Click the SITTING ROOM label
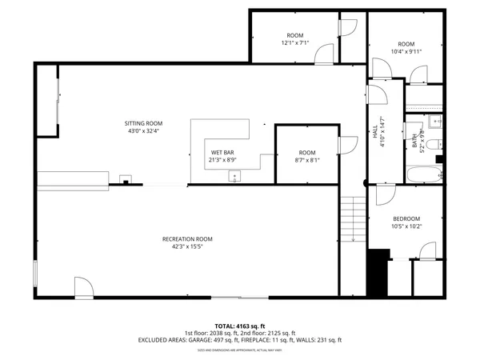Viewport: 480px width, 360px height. pos(143,123)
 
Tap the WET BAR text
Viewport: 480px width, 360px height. pos(222,152)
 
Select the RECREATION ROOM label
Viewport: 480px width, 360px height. pos(187,239)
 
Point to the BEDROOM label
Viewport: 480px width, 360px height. pos(406,219)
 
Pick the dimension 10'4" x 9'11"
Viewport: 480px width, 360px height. pos(406,51)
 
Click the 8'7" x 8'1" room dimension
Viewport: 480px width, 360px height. pos(307,160)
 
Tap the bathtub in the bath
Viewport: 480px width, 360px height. pos(423,175)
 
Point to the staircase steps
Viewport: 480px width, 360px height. pos(353,220)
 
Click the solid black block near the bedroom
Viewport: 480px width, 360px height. pos(377,272)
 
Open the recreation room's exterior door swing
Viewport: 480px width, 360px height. pos(84,287)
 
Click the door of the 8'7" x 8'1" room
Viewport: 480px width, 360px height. pos(347,145)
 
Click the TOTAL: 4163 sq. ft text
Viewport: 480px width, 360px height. pos(239,326)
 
